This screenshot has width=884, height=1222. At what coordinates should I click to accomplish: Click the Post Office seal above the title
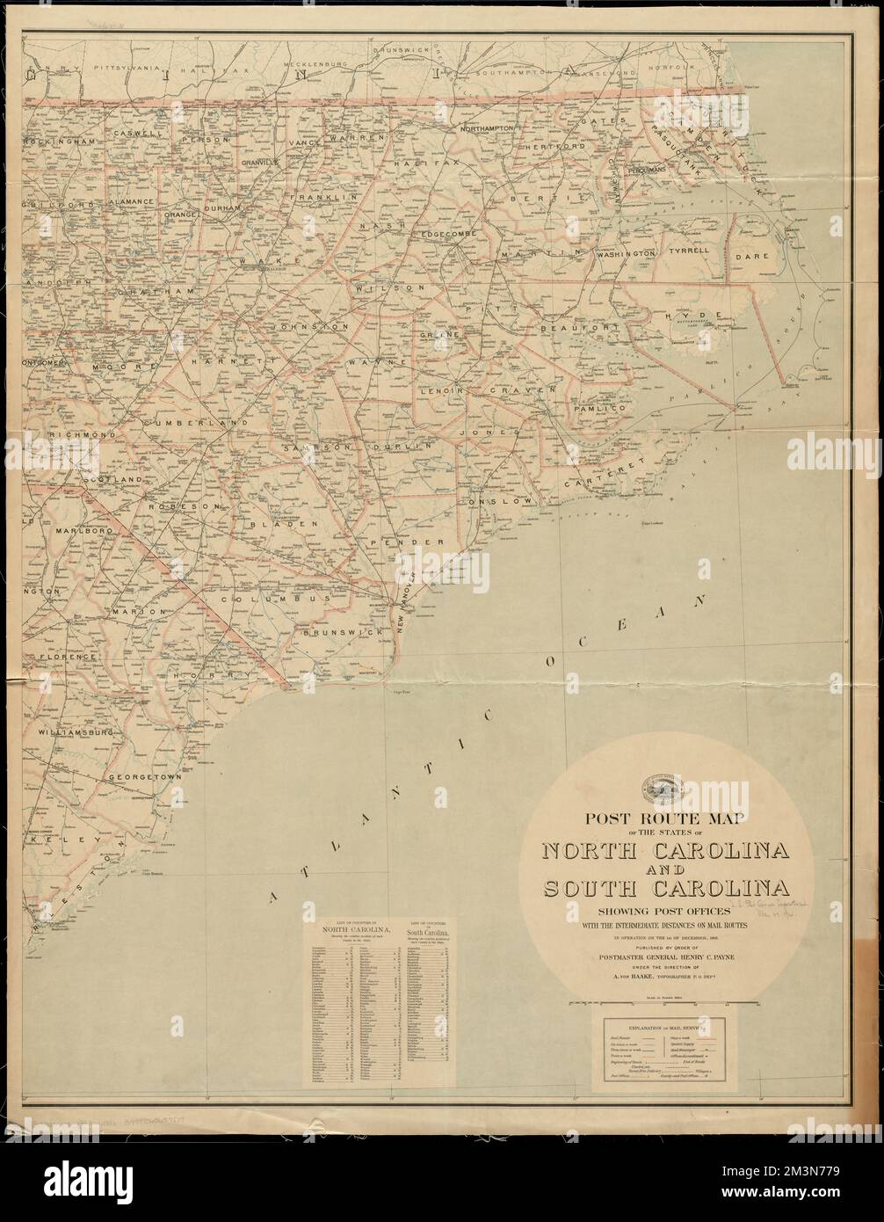[x=669, y=784]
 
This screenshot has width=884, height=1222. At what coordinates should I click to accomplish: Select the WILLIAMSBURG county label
[x=78, y=731]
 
